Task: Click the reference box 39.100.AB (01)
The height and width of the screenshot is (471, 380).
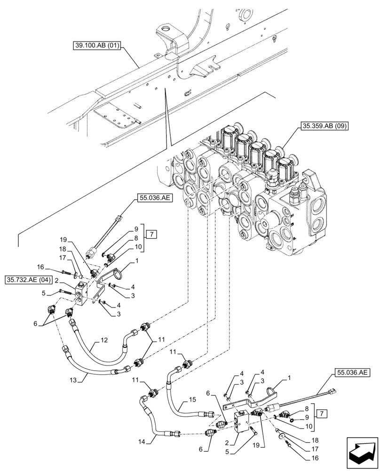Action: click(x=97, y=46)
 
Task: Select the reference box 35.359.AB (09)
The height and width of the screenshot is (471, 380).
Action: click(x=323, y=126)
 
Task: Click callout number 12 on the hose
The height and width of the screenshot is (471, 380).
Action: click(x=104, y=340)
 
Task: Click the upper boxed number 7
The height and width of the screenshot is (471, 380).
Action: click(x=150, y=234)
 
